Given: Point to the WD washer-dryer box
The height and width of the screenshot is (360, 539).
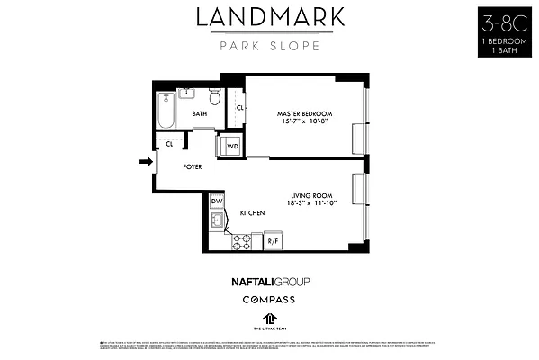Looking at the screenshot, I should [x=231, y=145].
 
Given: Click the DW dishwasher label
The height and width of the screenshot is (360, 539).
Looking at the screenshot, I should [x=217, y=202].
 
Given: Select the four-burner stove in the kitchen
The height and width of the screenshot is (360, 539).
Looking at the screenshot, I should [x=241, y=240].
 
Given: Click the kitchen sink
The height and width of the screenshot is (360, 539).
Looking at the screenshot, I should [x=217, y=220].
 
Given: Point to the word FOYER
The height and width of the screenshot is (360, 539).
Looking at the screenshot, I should [x=193, y=167].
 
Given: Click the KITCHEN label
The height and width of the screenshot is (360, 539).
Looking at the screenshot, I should [x=252, y=212].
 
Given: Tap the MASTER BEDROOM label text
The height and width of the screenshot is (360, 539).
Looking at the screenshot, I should [x=304, y=112].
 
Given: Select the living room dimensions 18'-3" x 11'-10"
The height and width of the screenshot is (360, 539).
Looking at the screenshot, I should [x=311, y=204].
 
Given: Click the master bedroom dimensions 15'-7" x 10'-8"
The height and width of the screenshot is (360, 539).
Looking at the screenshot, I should [x=304, y=121].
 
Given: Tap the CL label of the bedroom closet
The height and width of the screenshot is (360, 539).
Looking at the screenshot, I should [x=240, y=108].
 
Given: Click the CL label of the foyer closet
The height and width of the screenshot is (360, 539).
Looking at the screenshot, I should [x=168, y=143].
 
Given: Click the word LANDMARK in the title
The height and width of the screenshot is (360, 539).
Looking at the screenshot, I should [x=269, y=19].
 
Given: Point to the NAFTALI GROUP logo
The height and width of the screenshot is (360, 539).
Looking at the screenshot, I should [x=270, y=281].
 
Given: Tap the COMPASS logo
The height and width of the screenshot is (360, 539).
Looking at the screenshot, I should [x=270, y=299].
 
